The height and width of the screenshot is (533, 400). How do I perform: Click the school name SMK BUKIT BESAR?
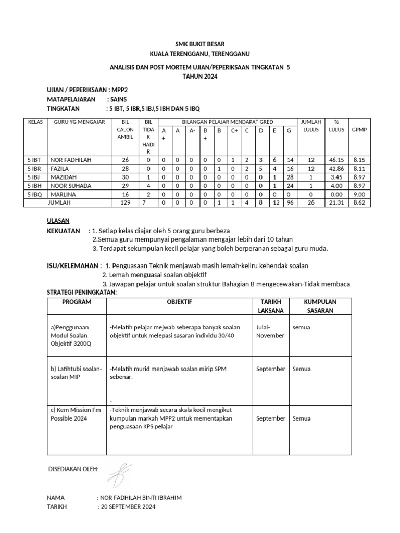pyautogui.click(x=200, y=44)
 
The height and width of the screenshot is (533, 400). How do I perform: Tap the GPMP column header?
pyautogui.click(x=359, y=129)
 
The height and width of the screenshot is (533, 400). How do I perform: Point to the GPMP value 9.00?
pyautogui.click(x=359, y=194)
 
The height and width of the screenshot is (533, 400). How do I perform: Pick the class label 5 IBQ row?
pyautogui.click(x=35, y=194)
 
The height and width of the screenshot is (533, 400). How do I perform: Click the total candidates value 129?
pyautogui.click(x=125, y=202)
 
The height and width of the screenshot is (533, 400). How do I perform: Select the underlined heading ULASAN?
pyautogui.click(x=58, y=221)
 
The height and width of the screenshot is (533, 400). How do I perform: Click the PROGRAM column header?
pyautogui.click(x=77, y=302)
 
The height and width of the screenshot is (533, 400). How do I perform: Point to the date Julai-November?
pyautogui.click(x=270, y=331)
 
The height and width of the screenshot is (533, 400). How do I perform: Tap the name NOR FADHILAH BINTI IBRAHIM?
pyautogui.click(x=140, y=497)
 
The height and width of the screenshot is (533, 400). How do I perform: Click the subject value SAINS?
pyautogui.click(x=117, y=99)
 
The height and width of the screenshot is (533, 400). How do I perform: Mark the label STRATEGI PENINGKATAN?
pyautogui.click(x=82, y=293)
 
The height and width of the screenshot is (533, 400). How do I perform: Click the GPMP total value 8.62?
pyautogui.click(x=359, y=202)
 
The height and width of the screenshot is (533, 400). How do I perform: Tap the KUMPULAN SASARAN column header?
pyautogui.click(x=320, y=306)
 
